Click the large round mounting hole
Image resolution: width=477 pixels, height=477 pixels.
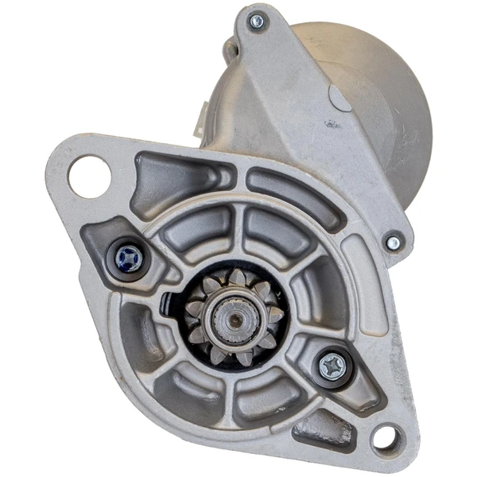point(88,176)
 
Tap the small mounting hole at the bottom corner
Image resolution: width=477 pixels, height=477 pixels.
point(386,436)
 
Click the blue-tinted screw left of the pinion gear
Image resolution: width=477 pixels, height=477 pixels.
point(127,257)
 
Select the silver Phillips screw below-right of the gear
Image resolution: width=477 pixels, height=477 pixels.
point(332,366)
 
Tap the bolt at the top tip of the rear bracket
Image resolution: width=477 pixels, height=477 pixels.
point(256,21)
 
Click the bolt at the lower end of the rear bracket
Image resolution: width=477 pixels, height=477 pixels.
point(393,242)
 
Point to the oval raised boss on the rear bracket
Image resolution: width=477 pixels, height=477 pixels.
point(339,98)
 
